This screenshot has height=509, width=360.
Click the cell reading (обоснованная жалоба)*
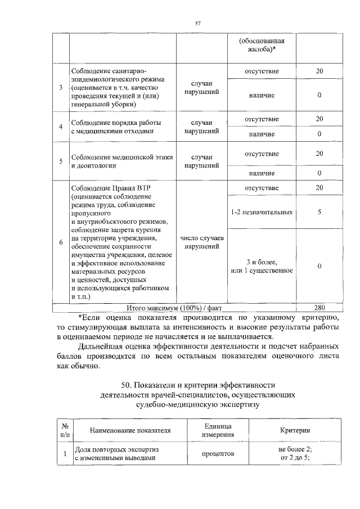(261, 46)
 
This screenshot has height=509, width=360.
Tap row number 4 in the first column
(61, 127)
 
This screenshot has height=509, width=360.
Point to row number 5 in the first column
(61, 161)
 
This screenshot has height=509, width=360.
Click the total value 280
(319, 308)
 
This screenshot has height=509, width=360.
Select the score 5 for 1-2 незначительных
(319, 213)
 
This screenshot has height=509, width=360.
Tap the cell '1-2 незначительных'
(262, 213)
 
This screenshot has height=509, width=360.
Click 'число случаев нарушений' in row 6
(201, 242)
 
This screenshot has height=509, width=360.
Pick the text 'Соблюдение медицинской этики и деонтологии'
(121, 161)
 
